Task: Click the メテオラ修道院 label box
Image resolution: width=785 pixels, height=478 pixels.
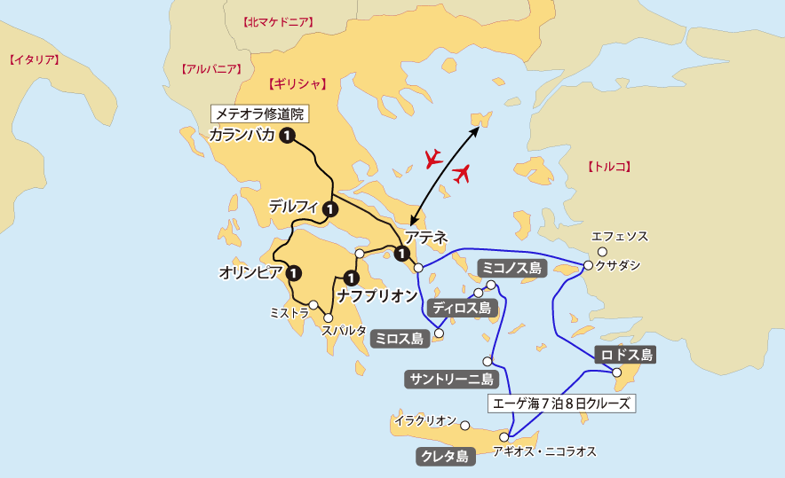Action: pos(263,114)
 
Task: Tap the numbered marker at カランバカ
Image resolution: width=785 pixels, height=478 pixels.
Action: pos(287,136)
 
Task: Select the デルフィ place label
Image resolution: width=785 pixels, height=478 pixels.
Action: pos(294,207)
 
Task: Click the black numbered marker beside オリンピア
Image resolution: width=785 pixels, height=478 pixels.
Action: pos(294,272)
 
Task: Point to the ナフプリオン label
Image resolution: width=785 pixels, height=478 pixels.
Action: pos(377,295)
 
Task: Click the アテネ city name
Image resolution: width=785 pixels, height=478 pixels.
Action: pos(426,238)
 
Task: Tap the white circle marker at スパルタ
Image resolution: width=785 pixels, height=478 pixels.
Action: pos(329,317)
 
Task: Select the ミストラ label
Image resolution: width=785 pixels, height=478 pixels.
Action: pos(289,312)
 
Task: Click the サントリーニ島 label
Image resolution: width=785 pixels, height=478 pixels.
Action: pos(450,380)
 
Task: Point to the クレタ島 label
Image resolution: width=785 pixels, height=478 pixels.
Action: pos(443,457)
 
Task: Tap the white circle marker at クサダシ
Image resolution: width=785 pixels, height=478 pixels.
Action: pos(588,265)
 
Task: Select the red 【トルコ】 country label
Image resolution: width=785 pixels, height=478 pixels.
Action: pos(610,166)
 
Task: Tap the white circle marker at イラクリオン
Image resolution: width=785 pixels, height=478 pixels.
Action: pos(464,426)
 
